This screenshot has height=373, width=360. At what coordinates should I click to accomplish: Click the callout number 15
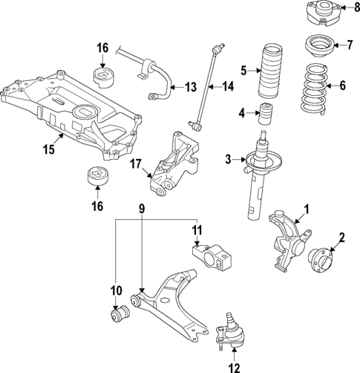49,149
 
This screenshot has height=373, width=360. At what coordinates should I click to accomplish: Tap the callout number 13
190,87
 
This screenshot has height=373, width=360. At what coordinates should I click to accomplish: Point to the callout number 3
229,159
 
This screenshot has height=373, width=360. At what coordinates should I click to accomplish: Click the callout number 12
233,366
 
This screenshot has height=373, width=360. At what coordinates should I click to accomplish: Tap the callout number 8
356,10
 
